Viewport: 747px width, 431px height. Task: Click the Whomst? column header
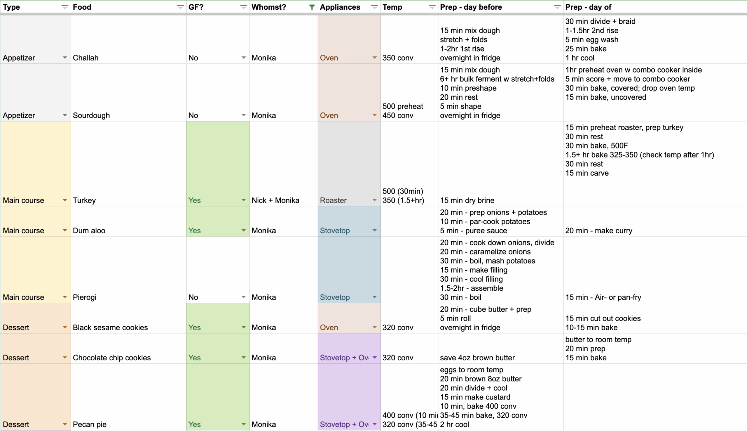tap(269, 7)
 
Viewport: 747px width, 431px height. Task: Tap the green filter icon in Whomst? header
tap(312, 7)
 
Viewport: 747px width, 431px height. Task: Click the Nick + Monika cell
tap(275, 200)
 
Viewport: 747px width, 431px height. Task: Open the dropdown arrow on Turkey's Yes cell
tap(243, 200)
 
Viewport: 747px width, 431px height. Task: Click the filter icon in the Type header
tap(64, 7)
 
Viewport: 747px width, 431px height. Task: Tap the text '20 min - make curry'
tap(598, 231)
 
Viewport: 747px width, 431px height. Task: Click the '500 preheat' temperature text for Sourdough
tap(403, 106)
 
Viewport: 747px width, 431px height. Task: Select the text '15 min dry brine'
tap(467, 200)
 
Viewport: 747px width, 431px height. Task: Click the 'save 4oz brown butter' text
tap(477, 358)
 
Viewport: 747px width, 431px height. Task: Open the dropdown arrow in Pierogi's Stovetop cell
tap(375, 297)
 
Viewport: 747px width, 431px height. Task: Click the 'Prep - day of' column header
tap(588, 7)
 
